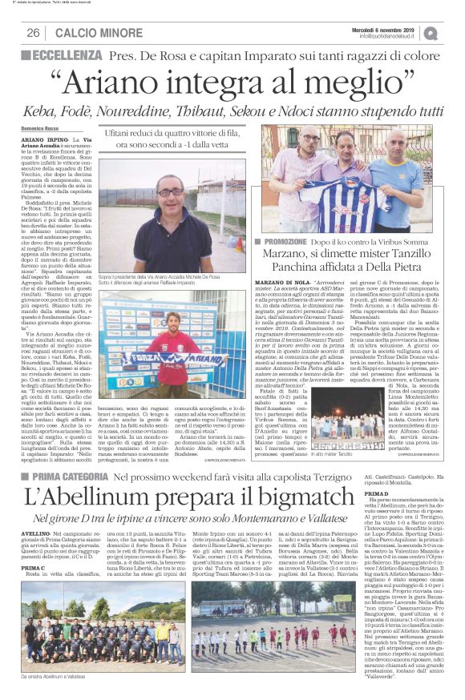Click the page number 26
tap(34, 32)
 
